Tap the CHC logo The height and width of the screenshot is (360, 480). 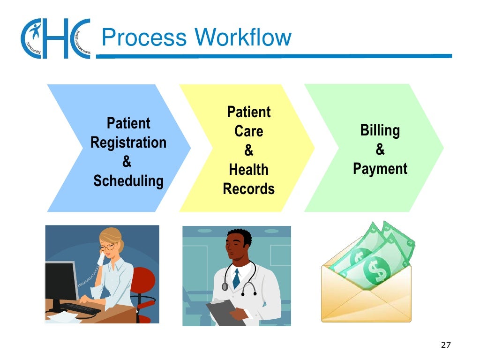pyautogui.click(x=55, y=38)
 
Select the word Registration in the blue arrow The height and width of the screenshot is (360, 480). pyautogui.click(x=128, y=142)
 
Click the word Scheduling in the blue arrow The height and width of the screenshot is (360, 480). pyautogui.click(x=128, y=181)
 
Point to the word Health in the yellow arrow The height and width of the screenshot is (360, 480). pyautogui.click(x=248, y=170)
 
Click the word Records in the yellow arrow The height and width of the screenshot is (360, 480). pyautogui.click(x=248, y=189)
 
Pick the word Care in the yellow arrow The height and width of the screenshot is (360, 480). pyautogui.click(x=248, y=132)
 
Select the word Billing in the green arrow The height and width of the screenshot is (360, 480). pyautogui.click(x=380, y=130)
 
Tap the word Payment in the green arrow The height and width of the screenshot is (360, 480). pyautogui.click(x=380, y=169)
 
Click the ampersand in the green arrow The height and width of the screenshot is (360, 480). pyautogui.click(x=380, y=150)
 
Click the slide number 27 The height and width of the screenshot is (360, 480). pyautogui.click(x=446, y=345)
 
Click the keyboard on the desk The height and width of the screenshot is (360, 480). pyautogui.click(x=80, y=308)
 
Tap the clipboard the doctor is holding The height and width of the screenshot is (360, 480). pyautogui.click(x=225, y=313)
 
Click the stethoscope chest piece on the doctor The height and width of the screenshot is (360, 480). pyautogui.click(x=225, y=286)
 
